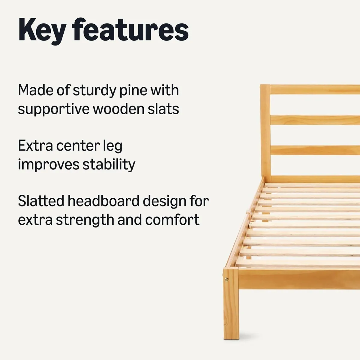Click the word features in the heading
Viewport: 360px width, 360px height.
pyautogui.click(x=130, y=30)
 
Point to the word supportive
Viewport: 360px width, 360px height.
pyautogui.click(x=53, y=109)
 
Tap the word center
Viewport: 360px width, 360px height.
pyautogui.click(x=78, y=146)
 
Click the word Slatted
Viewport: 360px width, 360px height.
pyautogui.click(x=41, y=201)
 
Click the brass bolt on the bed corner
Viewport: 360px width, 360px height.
pyautogui.click(x=226, y=280)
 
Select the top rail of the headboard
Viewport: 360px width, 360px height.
pyautogui.click(x=315, y=90)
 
